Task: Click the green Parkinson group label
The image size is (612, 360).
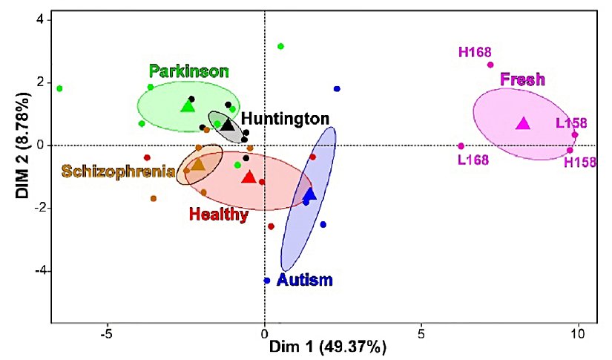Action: click(x=188, y=71)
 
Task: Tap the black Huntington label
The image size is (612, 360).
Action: click(x=285, y=119)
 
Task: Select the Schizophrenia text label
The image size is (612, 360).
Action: click(x=119, y=171)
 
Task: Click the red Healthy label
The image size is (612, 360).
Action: click(x=218, y=215)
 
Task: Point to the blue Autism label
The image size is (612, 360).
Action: click(x=304, y=280)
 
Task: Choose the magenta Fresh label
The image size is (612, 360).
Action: click(x=523, y=79)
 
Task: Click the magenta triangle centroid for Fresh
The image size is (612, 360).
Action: click(x=524, y=123)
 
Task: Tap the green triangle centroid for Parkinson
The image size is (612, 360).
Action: click(x=188, y=106)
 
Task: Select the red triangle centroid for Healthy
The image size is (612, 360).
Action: click(x=249, y=177)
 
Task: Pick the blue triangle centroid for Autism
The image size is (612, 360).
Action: click(x=310, y=194)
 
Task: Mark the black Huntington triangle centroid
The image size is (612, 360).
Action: click(x=228, y=125)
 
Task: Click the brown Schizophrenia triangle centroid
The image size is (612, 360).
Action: click(x=198, y=164)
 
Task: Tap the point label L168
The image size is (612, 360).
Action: click(x=473, y=160)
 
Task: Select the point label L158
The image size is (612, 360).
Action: click(x=571, y=122)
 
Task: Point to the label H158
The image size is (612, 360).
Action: click(x=579, y=162)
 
